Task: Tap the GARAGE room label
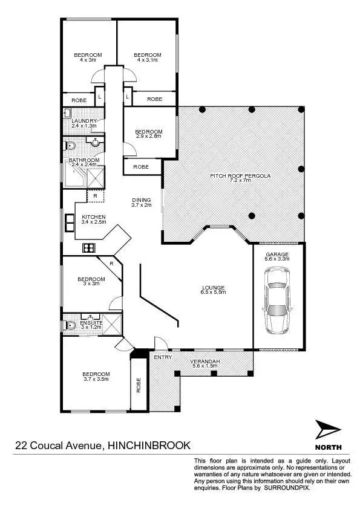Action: point(277,254)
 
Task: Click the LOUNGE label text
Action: point(214,287)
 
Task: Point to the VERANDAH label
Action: point(205,361)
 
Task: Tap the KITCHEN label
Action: point(94,216)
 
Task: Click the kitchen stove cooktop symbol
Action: point(89,247)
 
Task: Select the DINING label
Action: point(141,200)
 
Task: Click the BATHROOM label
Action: point(83,160)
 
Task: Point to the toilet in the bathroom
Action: point(70,145)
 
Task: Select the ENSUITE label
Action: point(91,322)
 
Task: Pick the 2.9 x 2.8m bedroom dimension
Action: point(148,137)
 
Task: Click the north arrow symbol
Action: point(327,431)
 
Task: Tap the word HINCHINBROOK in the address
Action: point(149,446)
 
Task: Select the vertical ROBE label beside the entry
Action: point(139,386)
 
